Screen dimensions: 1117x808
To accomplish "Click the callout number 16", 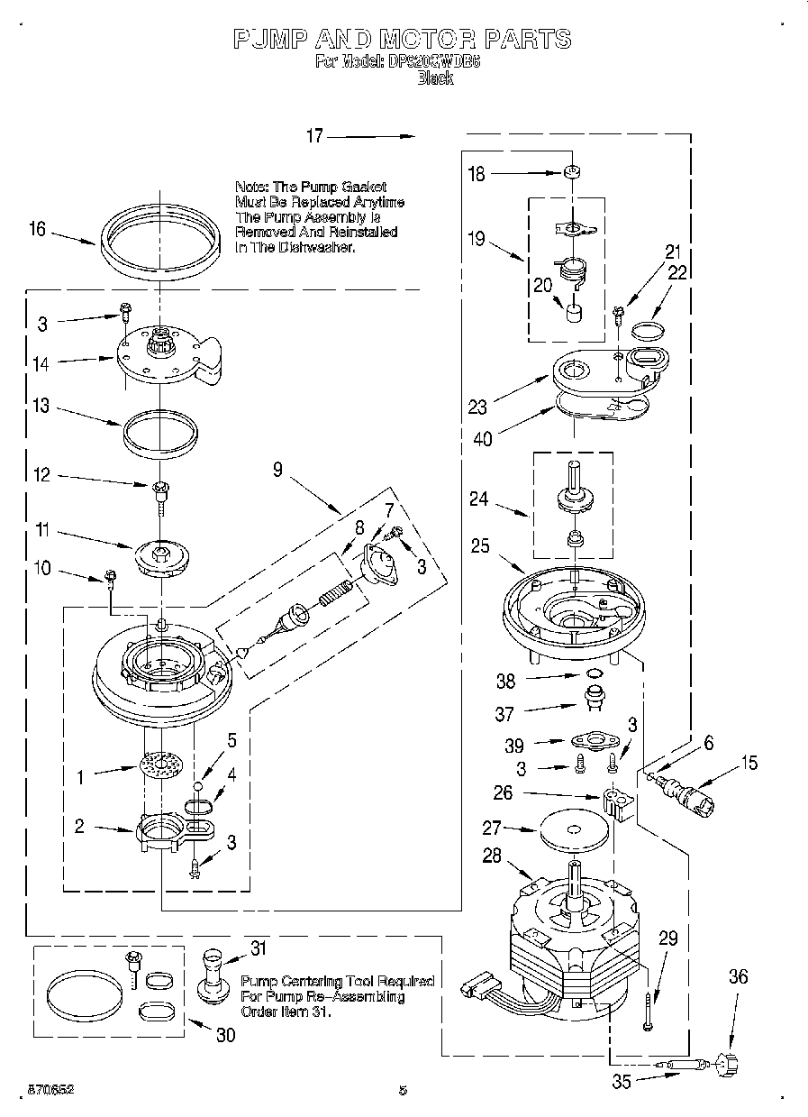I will click(x=37, y=229).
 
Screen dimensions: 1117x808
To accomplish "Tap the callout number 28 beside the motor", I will click(x=492, y=856).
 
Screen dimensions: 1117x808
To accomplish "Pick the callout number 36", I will click(x=739, y=975).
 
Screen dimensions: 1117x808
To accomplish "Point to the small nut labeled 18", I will click(x=569, y=171).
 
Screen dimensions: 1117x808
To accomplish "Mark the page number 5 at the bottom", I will click(x=403, y=1090).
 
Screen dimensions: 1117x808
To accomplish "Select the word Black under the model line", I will click(x=435, y=78).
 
